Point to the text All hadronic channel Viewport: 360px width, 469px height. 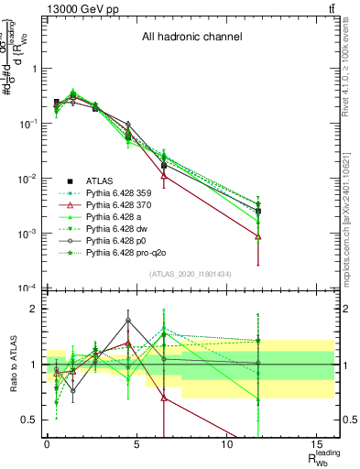[x=191, y=38]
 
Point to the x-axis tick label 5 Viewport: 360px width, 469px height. [x=136, y=442]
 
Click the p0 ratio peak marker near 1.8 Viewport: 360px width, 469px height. [x=128, y=321]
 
